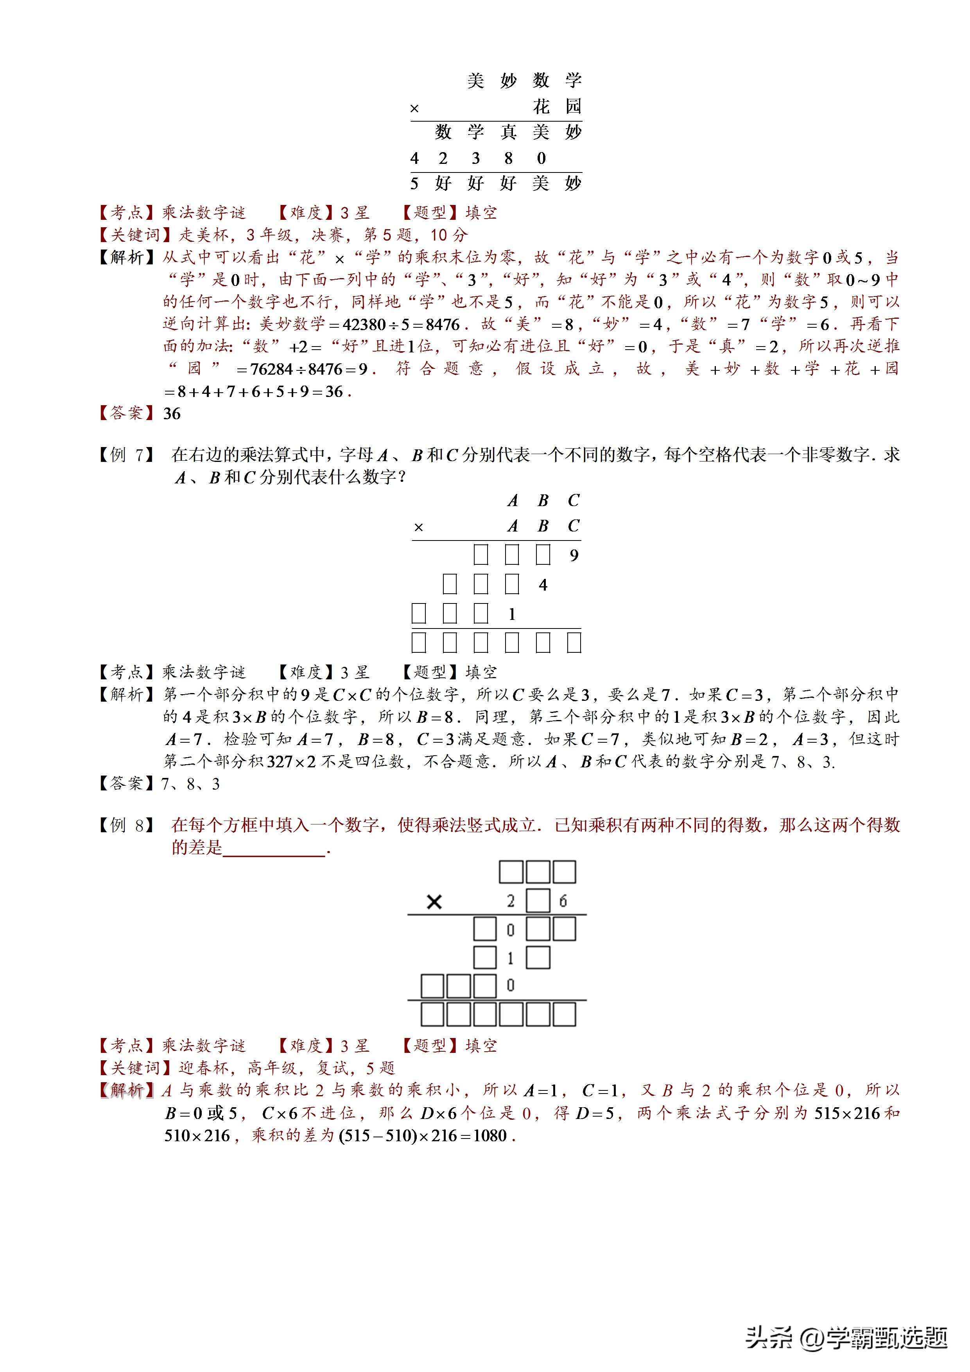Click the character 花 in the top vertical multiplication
click(x=541, y=106)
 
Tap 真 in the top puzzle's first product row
click(x=508, y=132)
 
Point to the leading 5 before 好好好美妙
click(x=414, y=183)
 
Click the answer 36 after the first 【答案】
click(x=172, y=413)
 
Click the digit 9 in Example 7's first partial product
click(x=574, y=555)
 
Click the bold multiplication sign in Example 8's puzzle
click(x=434, y=902)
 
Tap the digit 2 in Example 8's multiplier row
click(x=511, y=901)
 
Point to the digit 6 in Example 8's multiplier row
click(x=563, y=901)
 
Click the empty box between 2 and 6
click(x=538, y=901)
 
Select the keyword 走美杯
click(x=204, y=235)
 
